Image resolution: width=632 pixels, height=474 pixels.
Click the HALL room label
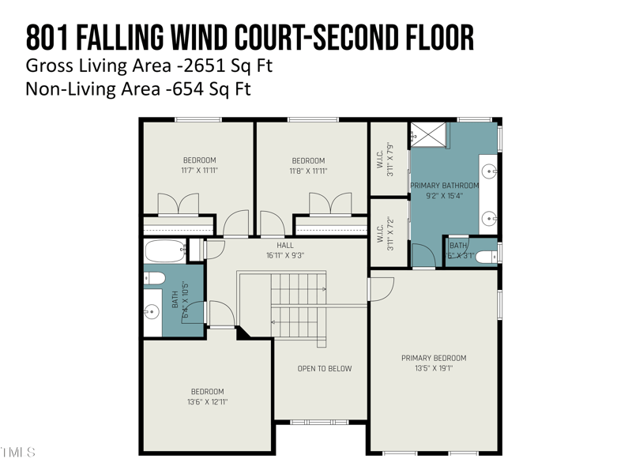[x=285, y=246]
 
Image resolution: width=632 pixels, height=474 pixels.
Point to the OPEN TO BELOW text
[x=325, y=369]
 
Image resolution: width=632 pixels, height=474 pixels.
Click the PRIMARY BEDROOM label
[x=434, y=358]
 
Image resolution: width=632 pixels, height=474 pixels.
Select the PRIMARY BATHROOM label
[x=445, y=186]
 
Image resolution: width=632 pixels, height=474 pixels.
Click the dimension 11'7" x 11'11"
[x=198, y=171]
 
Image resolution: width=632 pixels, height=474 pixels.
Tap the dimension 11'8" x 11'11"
[x=308, y=171]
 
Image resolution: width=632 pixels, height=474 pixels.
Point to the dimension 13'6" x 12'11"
[x=207, y=402]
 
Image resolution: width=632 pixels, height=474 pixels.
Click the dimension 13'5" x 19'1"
[x=434, y=368]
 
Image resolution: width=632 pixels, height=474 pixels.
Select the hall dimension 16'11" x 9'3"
[x=285, y=255]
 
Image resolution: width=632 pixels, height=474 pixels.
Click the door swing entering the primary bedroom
[x=380, y=289]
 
